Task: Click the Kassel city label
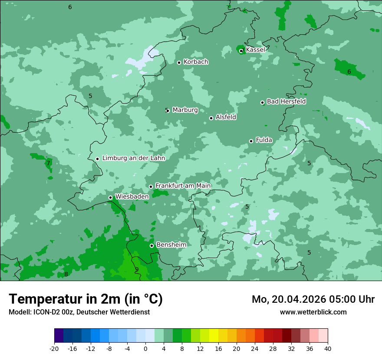pos(255,50)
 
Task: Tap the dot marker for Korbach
pos(179,62)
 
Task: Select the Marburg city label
pos(185,110)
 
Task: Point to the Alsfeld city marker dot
pos(211,118)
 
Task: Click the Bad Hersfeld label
pos(286,101)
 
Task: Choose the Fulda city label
pos(264,140)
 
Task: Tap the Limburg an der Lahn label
pos(133,158)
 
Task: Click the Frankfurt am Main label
pos(183,186)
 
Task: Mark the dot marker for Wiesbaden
pos(110,197)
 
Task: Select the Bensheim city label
pos(171,245)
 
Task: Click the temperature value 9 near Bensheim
pos(137,269)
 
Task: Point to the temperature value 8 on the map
pos(66,274)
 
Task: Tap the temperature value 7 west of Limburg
pos(48,163)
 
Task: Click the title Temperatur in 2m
pos(86,299)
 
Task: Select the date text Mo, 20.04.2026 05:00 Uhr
pos(313,299)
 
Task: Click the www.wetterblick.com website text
pos(313,312)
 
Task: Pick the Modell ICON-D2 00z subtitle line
pos(79,312)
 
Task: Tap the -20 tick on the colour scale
pos(54,348)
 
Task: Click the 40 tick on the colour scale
pos(328,348)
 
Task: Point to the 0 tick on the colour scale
pos(145,348)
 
